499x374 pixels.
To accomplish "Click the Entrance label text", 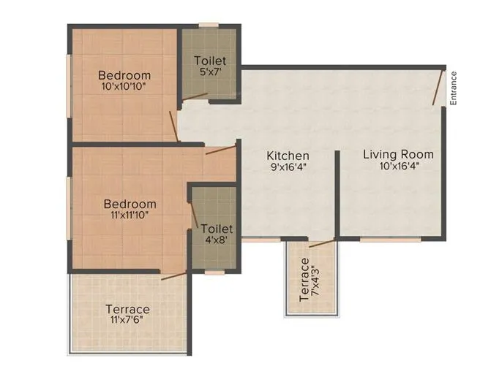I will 454,88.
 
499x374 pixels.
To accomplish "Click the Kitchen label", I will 288,156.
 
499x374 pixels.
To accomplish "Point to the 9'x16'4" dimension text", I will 288,167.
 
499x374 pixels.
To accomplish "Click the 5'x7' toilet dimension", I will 210,72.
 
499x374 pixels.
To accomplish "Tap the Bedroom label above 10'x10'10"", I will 124,75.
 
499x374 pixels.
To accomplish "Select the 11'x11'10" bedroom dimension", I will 130,215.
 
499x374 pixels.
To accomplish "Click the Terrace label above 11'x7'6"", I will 127,309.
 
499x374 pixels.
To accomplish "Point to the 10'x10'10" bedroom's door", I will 174,126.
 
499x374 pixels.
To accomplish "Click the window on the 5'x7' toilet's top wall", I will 209,26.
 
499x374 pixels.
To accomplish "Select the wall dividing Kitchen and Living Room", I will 337,194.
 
